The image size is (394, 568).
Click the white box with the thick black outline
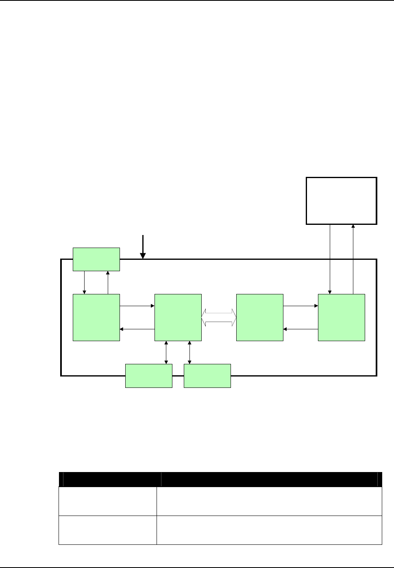(341, 200)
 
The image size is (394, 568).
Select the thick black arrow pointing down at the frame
(143, 246)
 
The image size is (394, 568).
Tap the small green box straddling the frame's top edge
(96, 259)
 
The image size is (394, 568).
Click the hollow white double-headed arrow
(219, 317)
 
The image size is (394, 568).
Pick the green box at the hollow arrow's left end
(178, 317)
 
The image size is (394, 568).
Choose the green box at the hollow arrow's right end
(259, 317)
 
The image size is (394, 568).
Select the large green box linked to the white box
(341, 317)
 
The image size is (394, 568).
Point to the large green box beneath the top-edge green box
(96, 317)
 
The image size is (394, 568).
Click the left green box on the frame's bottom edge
(149, 376)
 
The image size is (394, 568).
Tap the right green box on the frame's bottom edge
(207, 376)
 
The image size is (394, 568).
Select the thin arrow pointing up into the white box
(353, 259)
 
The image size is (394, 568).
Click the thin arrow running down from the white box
(330, 259)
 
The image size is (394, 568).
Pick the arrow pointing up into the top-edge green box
(108, 282)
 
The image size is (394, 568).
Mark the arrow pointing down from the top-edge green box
(85, 282)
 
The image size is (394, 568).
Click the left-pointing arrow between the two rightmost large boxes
(300, 329)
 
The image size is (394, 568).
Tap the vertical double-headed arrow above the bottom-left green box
(166, 352)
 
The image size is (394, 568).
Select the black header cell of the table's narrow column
(108, 479)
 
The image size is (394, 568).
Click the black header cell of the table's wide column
(269, 479)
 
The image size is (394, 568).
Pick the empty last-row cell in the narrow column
(108, 530)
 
